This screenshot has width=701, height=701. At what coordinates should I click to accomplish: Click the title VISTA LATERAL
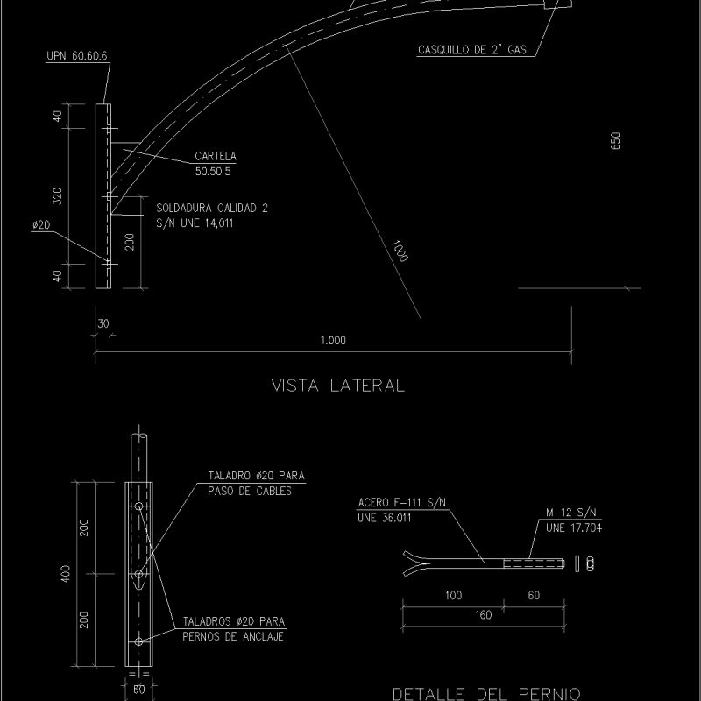pyautogui.click(x=338, y=385)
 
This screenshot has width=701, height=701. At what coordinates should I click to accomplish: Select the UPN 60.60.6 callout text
pyautogui.click(x=76, y=55)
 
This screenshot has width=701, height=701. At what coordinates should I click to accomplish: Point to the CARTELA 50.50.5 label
pyautogui.click(x=215, y=163)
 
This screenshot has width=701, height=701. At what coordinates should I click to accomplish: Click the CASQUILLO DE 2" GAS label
pyautogui.click(x=471, y=51)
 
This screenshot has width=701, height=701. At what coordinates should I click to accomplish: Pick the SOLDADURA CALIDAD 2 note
pyautogui.click(x=212, y=209)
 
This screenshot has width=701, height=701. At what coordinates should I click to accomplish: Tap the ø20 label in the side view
pyautogui.click(x=40, y=225)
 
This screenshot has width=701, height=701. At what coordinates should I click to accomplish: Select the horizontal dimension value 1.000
pyautogui.click(x=333, y=341)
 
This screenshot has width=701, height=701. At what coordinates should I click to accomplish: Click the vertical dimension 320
pyautogui.click(x=57, y=196)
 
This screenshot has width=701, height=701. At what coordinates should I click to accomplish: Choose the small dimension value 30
pyautogui.click(x=103, y=323)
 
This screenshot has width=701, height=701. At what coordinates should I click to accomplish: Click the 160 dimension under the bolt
pyautogui.click(x=483, y=614)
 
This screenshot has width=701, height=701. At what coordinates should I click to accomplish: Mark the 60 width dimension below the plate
pyautogui.click(x=138, y=690)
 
